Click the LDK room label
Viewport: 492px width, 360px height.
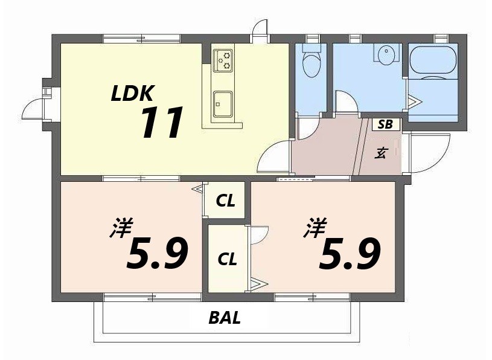tap(132, 93)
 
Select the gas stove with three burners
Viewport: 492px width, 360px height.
tap(223, 60)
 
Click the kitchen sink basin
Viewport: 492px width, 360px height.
tap(222, 104)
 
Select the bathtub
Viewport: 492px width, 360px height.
tap(433, 60)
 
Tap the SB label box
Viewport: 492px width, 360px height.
tap(385, 125)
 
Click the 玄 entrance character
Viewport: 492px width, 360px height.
tap(381, 153)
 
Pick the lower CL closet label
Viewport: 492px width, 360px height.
tap(227, 259)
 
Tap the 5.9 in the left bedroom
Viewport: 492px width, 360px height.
tap(157, 254)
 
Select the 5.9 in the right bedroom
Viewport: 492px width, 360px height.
tap(350, 254)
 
